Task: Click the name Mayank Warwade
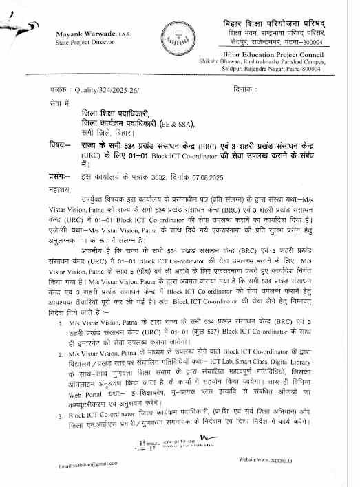click(82, 33)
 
